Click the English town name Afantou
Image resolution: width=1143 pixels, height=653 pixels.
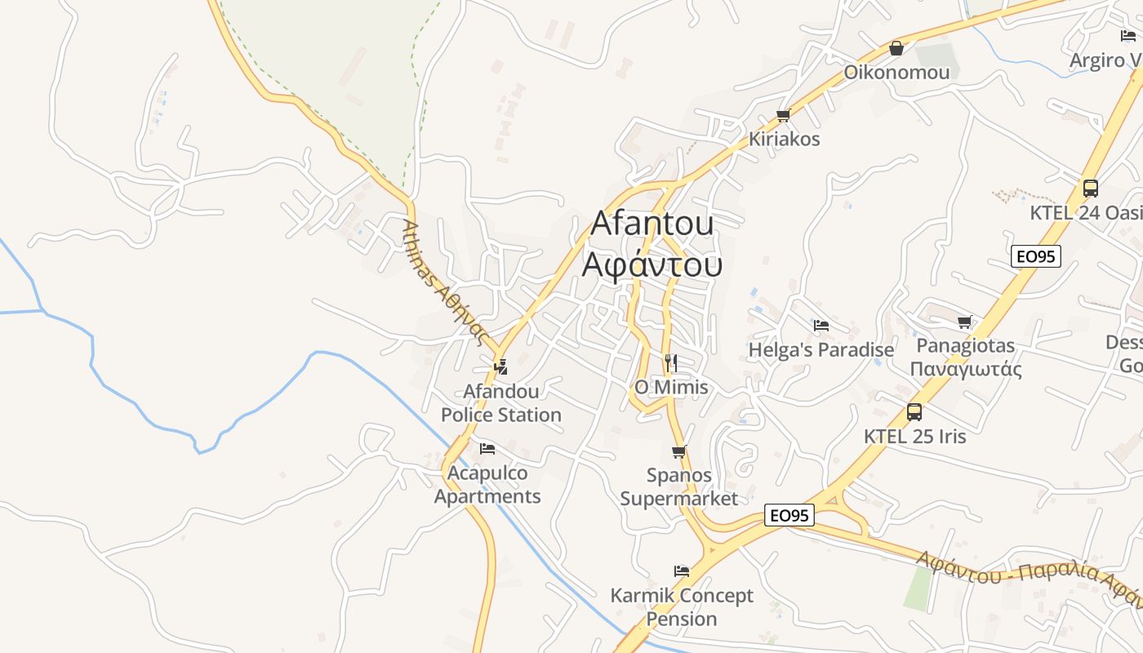coord(652,223)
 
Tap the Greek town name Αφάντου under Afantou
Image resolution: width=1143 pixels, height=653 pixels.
coord(652,264)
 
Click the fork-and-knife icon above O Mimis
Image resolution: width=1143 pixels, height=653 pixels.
coord(671,363)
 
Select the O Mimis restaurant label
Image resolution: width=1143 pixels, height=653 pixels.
coord(671,387)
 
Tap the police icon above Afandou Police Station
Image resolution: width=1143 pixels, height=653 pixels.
coord(501,367)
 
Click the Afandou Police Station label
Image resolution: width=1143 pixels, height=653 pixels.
coord(501,403)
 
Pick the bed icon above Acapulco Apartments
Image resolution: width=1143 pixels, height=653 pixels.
coord(487,449)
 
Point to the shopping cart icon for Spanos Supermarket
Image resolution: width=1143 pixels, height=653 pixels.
coord(678,451)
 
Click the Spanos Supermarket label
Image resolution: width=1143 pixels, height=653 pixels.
coord(678,486)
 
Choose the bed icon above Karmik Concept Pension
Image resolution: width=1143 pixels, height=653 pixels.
coord(682,571)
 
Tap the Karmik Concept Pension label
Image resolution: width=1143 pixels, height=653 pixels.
coord(682,606)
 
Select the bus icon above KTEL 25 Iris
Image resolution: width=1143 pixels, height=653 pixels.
coord(914,412)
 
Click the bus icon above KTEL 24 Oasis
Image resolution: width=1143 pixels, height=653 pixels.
coord(1091,189)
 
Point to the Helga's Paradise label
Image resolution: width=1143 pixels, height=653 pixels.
coord(821,349)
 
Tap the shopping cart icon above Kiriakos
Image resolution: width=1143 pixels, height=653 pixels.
coord(784,115)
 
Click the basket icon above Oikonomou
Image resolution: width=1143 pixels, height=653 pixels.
coord(896,49)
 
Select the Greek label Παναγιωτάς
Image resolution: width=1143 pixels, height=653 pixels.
coord(966,369)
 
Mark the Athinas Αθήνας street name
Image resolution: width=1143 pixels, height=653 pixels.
coord(445,283)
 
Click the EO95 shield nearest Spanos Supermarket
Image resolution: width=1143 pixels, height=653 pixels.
coord(790,515)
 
